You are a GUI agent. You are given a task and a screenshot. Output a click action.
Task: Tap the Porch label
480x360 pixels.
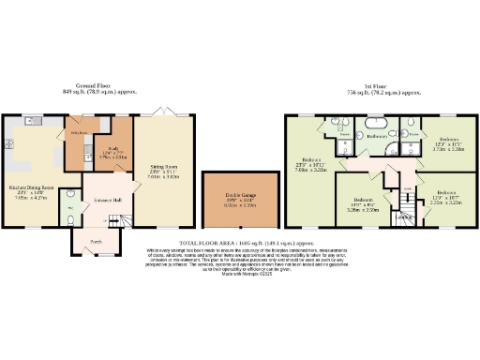[96, 239]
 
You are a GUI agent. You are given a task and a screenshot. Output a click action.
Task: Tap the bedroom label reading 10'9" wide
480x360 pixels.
[362, 203]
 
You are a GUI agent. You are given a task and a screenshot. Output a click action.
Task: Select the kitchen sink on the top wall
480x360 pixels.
[35, 121]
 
